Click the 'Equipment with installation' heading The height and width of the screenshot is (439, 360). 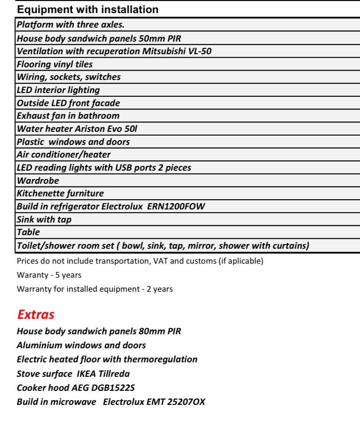pyautogui.click(x=87, y=9)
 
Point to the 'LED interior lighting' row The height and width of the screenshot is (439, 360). pyautogui.click(x=58, y=90)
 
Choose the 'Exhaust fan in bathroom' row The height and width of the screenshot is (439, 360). pyautogui.click(x=68, y=115)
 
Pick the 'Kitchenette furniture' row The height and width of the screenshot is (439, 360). pyautogui.click(x=60, y=193)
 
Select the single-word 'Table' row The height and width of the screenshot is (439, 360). pyautogui.click(x=29, y=232)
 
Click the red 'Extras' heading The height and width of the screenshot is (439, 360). pyautogui.click(x=36, y=315)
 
